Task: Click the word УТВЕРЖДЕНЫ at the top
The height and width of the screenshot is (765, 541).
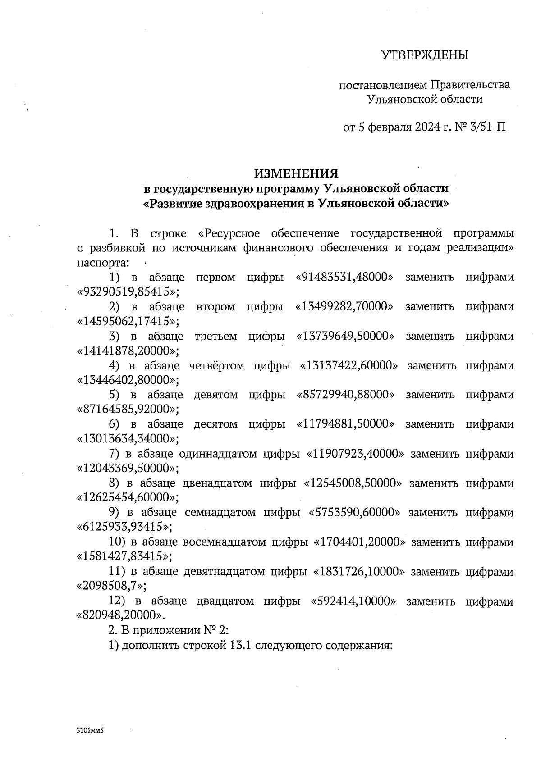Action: pyautogui.click(x=425, y=55)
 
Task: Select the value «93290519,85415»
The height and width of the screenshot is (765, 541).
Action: pyautogui.click(x=128, y=292)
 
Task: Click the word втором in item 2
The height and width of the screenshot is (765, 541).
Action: pyautogui.click(x=215, y=307)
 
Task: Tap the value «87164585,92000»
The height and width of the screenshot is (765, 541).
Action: pyautogui.click(x=128, y=409)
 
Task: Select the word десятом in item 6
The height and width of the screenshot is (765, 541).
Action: pyautogui.click(x=215, y=424)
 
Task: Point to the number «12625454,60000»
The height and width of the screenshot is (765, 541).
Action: pyautogui.click(x=128, y=497)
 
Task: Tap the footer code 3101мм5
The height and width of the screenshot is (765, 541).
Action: pyautogui.click(x=90, y=730)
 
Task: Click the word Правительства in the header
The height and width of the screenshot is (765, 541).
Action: pyautogui.click(x=470, y=85)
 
